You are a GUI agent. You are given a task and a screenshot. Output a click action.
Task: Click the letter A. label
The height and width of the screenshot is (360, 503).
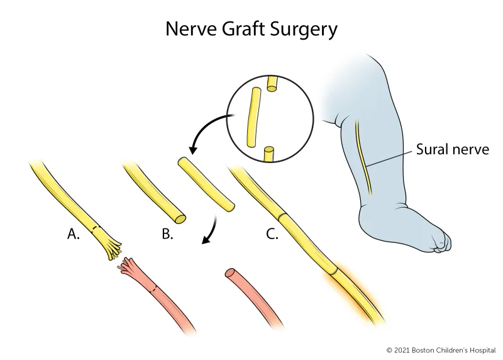click(x=74, y=235)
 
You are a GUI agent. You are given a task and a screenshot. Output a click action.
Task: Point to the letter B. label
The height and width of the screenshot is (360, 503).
click(x=167, y=235)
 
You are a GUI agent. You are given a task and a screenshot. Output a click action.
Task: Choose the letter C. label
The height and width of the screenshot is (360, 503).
click(x=272, y=235)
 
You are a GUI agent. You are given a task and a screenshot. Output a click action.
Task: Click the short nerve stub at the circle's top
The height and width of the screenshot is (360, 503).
click(x=272, y=84)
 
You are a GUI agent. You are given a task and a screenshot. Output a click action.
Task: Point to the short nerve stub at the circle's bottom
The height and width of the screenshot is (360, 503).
click(x=268, y=153)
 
